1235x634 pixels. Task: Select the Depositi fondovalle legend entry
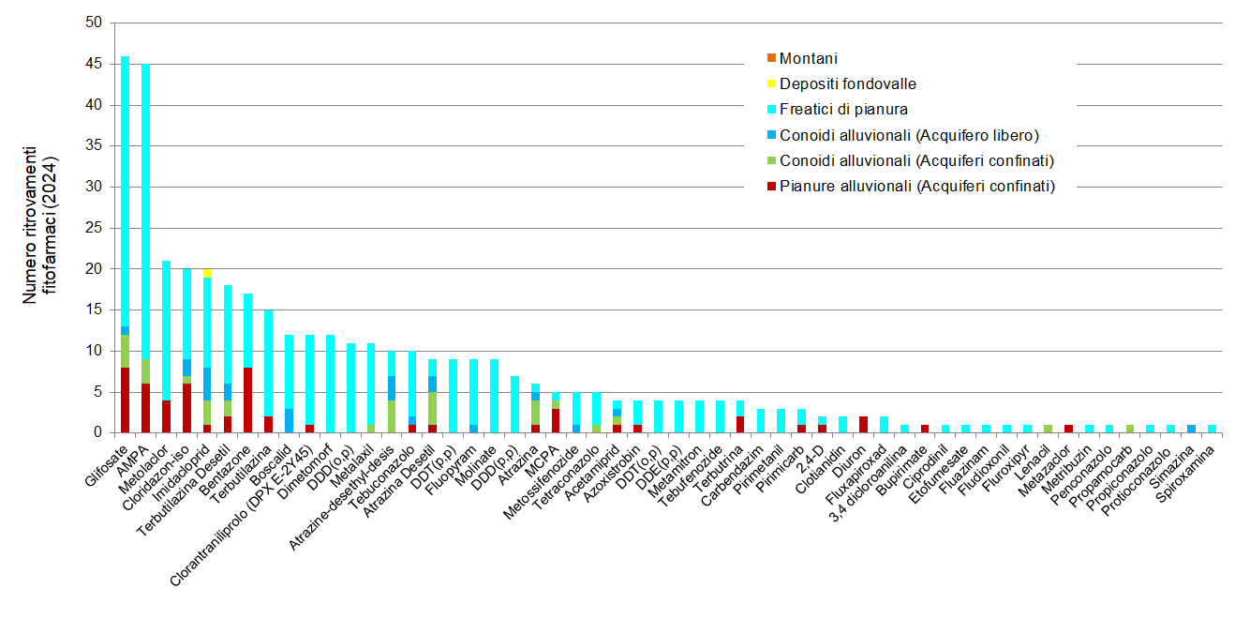(x=847, y=84)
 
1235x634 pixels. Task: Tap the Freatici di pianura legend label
(x=843, y=110)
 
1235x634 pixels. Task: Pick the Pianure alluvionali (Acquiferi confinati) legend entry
(x=916, y=186)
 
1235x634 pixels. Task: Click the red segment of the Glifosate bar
(x=125, y=400)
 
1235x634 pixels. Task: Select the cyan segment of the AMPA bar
(x=145, y=211)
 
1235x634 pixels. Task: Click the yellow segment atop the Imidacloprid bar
(x=207, y=273)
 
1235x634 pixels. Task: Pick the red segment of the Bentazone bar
(x=247, y=400)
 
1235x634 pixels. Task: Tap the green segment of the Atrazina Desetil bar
(x=433, y=408)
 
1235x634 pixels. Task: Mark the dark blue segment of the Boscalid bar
(x=289, y=420)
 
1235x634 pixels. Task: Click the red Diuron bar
(x=863, y=424)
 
